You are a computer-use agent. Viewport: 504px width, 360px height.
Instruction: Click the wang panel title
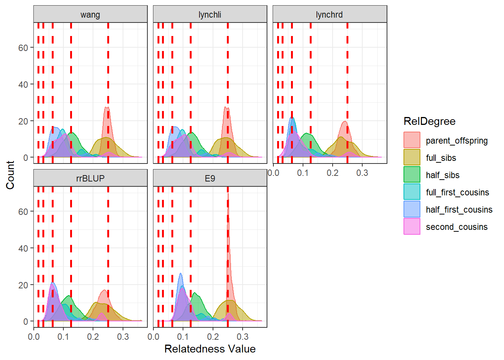tap(90, 15)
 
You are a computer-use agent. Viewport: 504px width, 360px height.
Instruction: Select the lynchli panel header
tap(210, 15)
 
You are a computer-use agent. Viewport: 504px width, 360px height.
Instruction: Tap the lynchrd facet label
tap(329, 15)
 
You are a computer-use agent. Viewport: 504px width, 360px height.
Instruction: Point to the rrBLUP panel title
tap(90, 178)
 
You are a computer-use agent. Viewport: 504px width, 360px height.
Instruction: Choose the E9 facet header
tap(210, 178)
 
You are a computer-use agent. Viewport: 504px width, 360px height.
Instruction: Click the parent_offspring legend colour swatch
tap(412, 140)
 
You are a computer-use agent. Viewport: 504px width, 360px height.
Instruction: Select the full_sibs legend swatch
tap(412, 157)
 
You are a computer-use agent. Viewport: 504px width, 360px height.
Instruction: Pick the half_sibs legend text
tap(442, 175)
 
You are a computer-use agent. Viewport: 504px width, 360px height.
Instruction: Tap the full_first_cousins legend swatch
tap(412, 192)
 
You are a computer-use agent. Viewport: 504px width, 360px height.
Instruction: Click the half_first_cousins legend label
tap(459, 210)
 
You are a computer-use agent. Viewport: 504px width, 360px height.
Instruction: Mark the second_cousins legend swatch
tap(412, 226)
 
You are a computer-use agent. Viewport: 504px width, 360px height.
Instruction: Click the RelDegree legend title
tap(429, 121)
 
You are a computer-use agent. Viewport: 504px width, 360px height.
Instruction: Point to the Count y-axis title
tap(10, 175)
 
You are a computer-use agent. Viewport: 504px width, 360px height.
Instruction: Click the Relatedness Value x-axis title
tap(210, 349)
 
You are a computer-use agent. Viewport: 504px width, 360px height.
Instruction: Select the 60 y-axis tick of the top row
tap(23, 48)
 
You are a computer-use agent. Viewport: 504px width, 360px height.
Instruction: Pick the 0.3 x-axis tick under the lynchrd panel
tap(362, 173)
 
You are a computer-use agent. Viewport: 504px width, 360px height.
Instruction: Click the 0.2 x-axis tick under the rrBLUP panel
tap(93, 337)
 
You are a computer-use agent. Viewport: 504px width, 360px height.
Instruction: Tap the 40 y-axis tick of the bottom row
tap(23, 248)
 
